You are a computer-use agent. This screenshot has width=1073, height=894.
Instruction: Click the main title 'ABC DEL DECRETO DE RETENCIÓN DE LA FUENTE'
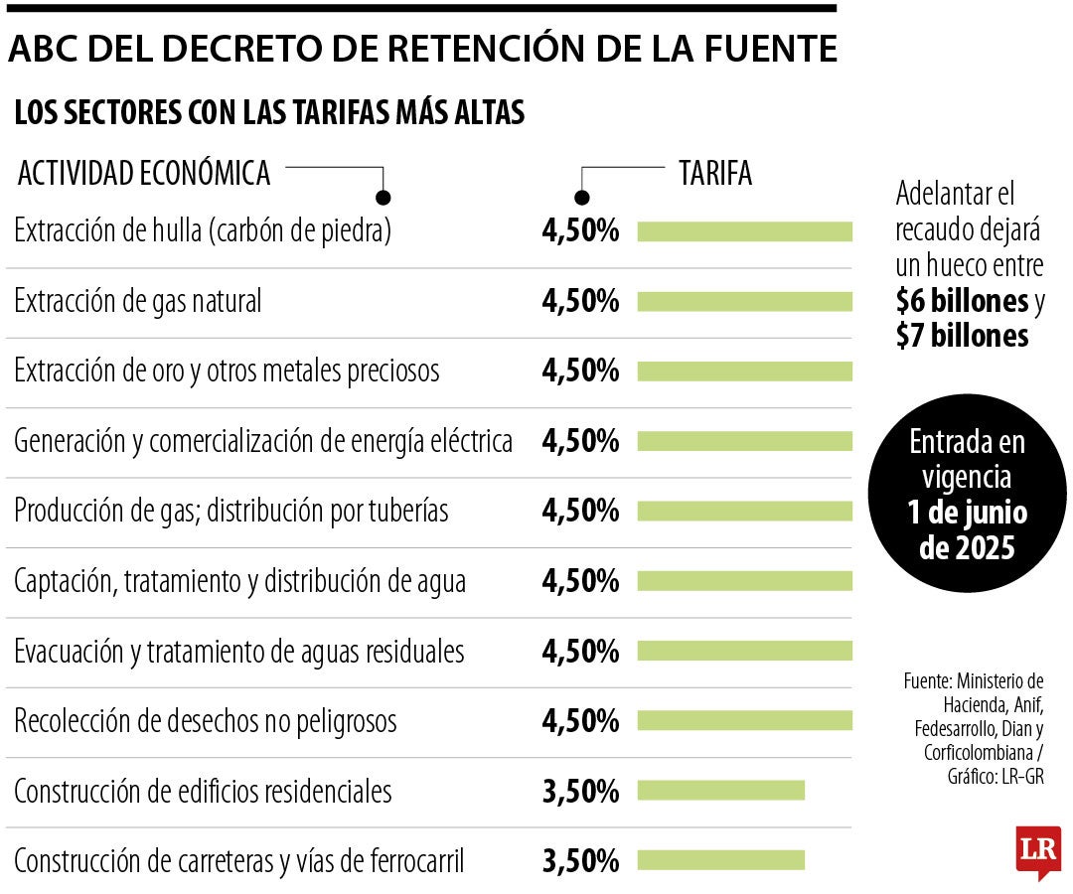point(422,50)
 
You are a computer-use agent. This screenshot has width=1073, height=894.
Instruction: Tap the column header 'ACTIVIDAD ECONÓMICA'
point(144,173)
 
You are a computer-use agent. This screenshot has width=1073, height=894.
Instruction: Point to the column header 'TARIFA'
point(715,173)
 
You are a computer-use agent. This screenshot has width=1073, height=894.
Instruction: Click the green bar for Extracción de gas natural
point(744,301)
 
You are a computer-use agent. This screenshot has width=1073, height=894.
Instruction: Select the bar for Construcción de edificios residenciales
point(720,791)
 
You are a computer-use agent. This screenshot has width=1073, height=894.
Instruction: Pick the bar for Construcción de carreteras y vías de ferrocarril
point(720,860)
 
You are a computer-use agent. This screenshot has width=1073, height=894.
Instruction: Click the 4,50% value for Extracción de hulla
point(580,231)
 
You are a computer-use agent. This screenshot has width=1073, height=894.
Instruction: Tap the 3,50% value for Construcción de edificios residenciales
point(580,791)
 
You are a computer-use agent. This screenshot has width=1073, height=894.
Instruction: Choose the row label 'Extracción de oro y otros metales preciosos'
point(227,372)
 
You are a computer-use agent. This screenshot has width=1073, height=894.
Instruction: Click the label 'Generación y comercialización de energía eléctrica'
point(263,441)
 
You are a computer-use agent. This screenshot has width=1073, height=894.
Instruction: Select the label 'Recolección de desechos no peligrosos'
point(206,721)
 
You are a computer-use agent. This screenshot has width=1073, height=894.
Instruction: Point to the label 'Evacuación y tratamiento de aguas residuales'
point(239,652)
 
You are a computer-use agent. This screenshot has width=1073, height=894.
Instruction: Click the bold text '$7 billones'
point(962,337)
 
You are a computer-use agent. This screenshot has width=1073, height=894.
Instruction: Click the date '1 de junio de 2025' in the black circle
point(967,529)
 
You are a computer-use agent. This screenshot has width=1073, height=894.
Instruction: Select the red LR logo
point(1038,851)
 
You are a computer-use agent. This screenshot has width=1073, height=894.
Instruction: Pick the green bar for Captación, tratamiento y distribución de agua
point(744,581)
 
